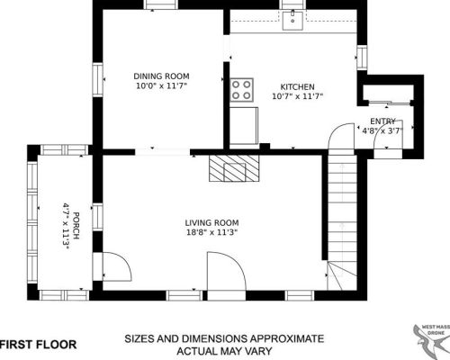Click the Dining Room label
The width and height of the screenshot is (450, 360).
161,76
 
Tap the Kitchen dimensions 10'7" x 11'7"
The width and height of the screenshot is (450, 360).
297,96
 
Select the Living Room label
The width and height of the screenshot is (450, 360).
211,223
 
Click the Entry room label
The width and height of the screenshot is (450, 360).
382,121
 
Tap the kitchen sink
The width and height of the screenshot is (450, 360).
293,20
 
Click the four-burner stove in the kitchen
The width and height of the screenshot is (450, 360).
241,89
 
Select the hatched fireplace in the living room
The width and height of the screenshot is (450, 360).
234,168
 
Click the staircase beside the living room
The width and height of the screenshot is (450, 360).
342,222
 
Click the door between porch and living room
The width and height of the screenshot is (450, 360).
117,267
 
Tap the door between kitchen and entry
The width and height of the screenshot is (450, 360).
341,136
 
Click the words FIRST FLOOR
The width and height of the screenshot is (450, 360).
38,345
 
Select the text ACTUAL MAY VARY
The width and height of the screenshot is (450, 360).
224,351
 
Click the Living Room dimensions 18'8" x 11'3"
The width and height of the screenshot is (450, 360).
211,232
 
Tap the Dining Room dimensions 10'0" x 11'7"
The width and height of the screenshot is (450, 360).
161,86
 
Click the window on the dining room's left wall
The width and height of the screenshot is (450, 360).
97,80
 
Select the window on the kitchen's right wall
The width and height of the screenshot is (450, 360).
362,58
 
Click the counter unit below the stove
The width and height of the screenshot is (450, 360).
244,126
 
